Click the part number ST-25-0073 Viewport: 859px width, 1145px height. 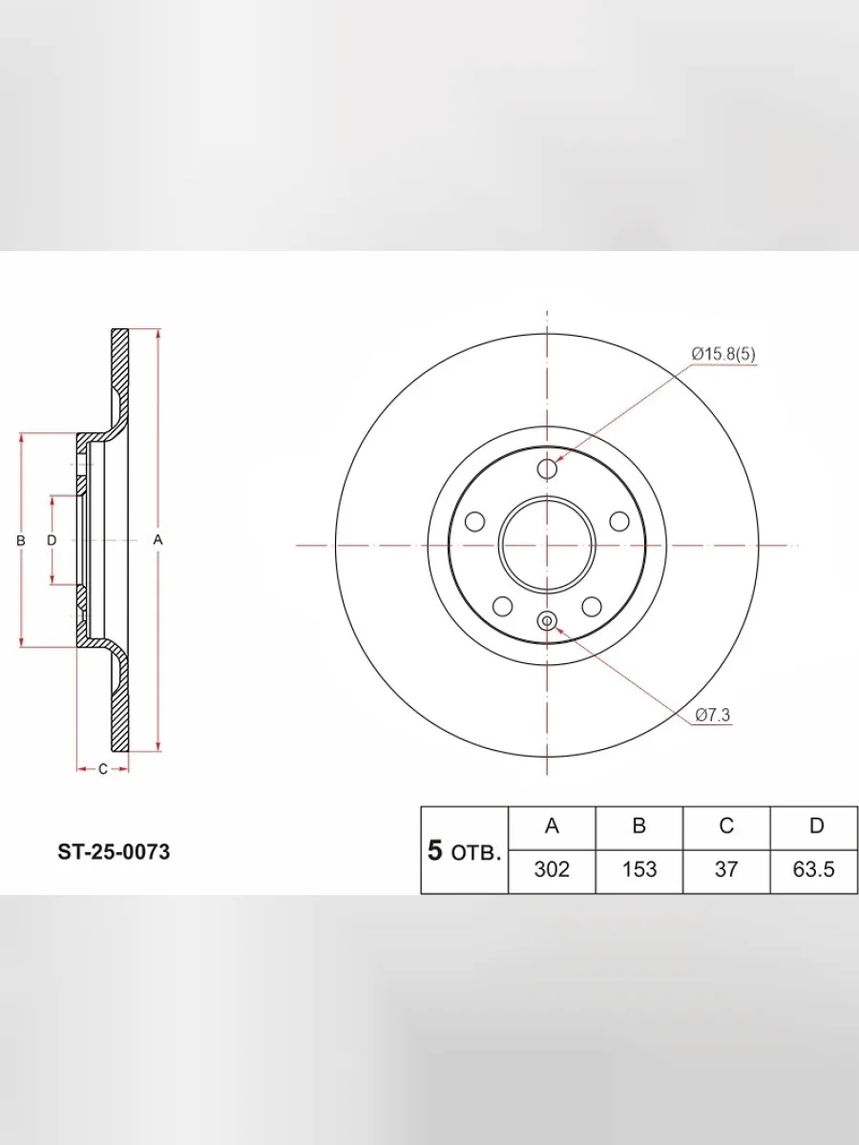tap(114, 852)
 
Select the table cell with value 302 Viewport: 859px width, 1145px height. tap(552, 869)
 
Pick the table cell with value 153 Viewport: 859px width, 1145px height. tap(639, 869)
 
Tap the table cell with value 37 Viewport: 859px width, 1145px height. tap(726, 869)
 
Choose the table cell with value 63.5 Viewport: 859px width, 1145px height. tap(813, 869)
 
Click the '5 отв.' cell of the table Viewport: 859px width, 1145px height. tap(465, 851)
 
